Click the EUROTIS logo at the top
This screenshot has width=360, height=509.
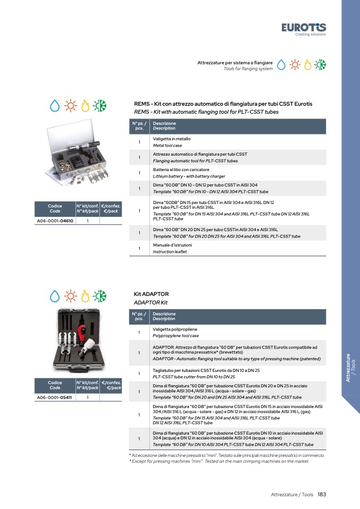tap(304, 29)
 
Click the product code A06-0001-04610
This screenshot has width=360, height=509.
tap(55, 220)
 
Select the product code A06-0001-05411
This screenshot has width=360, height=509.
tap(54, 397)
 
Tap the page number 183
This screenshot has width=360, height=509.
tap(322, 495)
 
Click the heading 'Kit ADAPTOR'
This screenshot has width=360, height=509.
tap(151, 294)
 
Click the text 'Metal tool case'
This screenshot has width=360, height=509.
tap(168, 146)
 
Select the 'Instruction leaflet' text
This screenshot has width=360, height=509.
tap(170, 252)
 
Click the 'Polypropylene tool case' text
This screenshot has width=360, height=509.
tap(176, 336)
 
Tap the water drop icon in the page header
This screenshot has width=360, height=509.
tap(281, 65)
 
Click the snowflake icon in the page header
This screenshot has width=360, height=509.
tap(320, 65)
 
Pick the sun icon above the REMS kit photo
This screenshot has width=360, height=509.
tap(71, 106)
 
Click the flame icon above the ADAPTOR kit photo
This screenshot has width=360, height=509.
tap(85, 296)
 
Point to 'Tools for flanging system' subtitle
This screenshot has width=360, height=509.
tap(248, 69)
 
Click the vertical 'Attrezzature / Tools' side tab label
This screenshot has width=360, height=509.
tap(350, 368)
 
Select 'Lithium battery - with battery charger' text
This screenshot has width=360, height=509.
tap(189, 176)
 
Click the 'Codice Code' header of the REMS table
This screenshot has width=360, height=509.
tap(55, 208)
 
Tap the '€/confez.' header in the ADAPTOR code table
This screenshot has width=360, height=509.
tap(111, 383)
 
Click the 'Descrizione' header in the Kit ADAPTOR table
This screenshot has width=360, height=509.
tap(164, 314)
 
